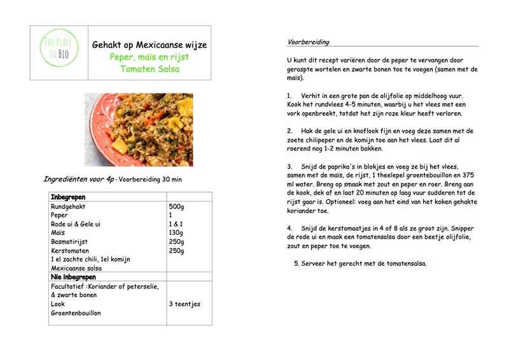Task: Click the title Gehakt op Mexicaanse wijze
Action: point(150,45)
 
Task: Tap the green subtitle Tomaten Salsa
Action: point(150,69)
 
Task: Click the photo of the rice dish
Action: point(139,130)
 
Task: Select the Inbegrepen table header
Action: point(68,198)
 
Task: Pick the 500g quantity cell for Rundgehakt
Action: point(177,207)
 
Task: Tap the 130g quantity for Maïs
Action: point(177,233)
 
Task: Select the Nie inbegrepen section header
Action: point(74,277)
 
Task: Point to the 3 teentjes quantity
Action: point(185,304)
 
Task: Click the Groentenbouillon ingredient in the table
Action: point(76,313)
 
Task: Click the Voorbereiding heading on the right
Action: point(308,42)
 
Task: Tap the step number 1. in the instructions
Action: point(289,95)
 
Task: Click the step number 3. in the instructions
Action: point(289,166)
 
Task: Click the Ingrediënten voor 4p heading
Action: point(78,179)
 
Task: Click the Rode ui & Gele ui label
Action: point(76,225)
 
